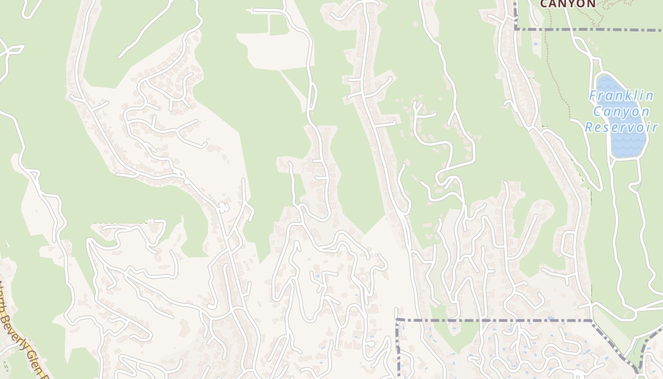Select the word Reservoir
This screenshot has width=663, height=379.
pyautogui.click(x=621, y=127)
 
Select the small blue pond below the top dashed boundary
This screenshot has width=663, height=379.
pyautogui.click(x=536, y=44)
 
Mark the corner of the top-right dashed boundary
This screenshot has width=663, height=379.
pyautogui.click(x=516, y=29)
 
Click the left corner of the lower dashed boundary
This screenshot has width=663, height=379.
pyautogui.click(x=398, y=320)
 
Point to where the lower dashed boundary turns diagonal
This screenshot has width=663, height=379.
pyautogui.click(x=591, y=321)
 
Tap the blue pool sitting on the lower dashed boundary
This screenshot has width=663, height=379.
pyautogui.click(x=549, y=318)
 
